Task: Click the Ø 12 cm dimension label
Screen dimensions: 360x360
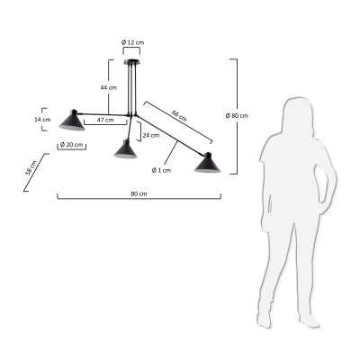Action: click(x=132, y=42)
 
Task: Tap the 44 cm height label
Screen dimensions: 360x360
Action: click(x=108, y=86)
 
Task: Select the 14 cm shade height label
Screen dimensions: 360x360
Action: click(x=40, y=119)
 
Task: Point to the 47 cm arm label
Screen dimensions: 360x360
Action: click(x=104, y=119)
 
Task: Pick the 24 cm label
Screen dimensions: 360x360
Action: click(x=151, y=135)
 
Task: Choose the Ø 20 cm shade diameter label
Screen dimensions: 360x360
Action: click(x=71, y=145)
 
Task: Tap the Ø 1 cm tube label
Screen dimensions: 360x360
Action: click(x=162, y=169)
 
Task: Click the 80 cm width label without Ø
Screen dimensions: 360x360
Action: click(x=139, y=193)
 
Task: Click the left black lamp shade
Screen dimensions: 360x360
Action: click(x=68, y=120)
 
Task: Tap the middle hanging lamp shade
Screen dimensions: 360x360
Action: click(x=125, y=149)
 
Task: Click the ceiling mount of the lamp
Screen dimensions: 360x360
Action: click(x=132, y=60)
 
